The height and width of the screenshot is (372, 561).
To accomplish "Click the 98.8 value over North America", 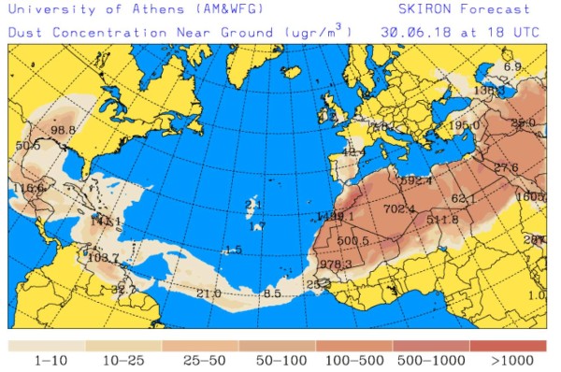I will pyautogui.click(x=64, y=130).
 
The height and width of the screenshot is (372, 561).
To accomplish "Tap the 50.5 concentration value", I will pyautogui.click(x=28, y=146).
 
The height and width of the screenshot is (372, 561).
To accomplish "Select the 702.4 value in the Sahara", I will pyautogui.click(x=399, y=209).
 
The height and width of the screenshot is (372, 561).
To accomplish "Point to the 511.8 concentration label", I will pyautogui.click(x=442, y=221).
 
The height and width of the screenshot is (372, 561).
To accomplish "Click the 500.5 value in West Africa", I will pyautogui.click(x=353, y=241).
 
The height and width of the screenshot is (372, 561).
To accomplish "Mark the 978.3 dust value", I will pyautogui.click(x=336, y=265).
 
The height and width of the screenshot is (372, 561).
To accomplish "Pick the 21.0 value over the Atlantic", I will pyautogui.click(x=209, y=293).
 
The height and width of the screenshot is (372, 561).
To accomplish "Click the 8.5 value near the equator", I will pyautogui.click(x=272, y=293).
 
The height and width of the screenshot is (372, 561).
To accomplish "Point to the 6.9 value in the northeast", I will pyautogui.click(x=512, y=67).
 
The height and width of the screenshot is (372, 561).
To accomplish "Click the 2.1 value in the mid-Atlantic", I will pyautogui.click(x=252, y=204).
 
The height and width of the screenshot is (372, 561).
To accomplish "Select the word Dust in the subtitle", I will pyautogui.click(x=25, y=31).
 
